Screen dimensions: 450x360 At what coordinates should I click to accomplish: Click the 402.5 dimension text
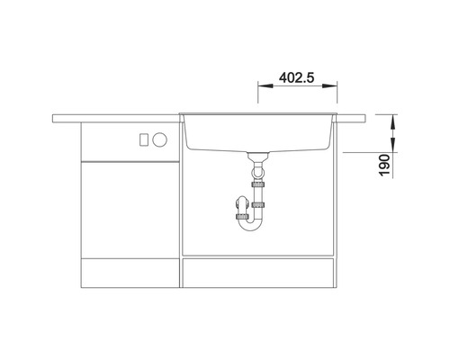(x=296, y=77)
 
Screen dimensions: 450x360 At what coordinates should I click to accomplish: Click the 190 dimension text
(x=384, y=166)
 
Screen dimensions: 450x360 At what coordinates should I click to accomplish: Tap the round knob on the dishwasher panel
(x=159, y=139)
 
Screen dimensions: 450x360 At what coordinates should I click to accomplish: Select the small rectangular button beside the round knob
(x=144, y=139)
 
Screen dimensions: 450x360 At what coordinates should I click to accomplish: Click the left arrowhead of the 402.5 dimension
(x=265, y=85)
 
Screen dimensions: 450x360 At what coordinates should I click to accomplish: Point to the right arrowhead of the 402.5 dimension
(x=329, y=85)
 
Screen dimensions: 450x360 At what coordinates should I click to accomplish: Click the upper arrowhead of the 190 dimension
(x=393, y=121)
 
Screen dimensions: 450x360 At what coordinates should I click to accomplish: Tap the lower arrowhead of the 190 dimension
(x=393, y=145)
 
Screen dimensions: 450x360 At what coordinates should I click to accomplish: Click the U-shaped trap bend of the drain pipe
(x=249, y=225)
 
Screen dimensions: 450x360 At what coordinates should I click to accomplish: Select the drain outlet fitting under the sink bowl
(x=257, y=157)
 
